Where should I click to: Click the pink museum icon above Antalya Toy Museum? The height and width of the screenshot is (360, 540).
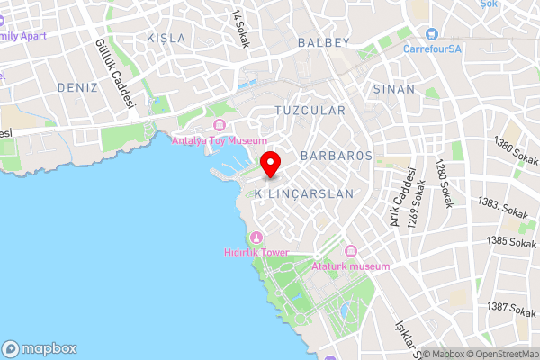(x=220, y=124)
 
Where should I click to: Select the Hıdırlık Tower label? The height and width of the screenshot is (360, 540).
(x=256, y=253)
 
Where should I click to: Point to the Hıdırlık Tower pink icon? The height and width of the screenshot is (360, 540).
(x=256, y=238)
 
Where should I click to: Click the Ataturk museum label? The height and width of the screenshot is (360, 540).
(x=350, y=266)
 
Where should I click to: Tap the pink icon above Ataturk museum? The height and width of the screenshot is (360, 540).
(x=350, y=250)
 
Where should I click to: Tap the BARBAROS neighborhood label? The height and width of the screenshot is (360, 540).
(x=337, y=156)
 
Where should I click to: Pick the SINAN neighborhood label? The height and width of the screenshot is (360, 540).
(x=394, y=89)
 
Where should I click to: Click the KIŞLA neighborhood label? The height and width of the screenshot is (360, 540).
(x=166, y=39)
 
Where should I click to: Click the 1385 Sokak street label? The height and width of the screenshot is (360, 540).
(x=511, y=241)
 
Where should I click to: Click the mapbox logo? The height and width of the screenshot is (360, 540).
(x=40, y=348)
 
